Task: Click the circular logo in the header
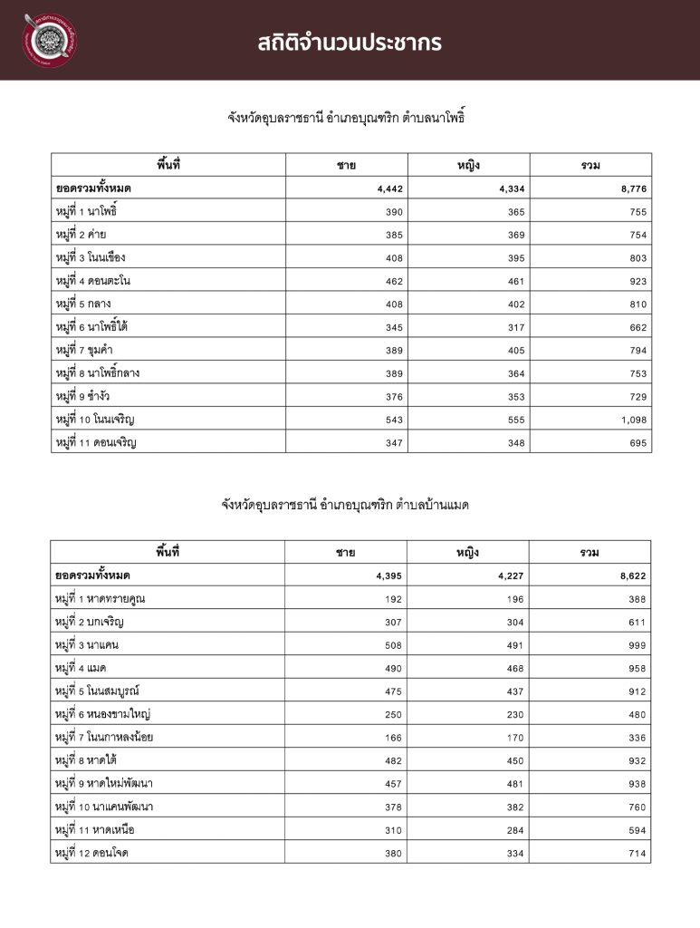[52, 41]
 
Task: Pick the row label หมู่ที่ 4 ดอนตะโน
[93, 281]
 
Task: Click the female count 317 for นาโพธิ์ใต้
[514, 327]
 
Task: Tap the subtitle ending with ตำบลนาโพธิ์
[350, 117]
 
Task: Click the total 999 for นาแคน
[637, 645]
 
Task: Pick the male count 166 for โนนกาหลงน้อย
[392, 738]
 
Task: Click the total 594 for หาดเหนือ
[637, 830]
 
